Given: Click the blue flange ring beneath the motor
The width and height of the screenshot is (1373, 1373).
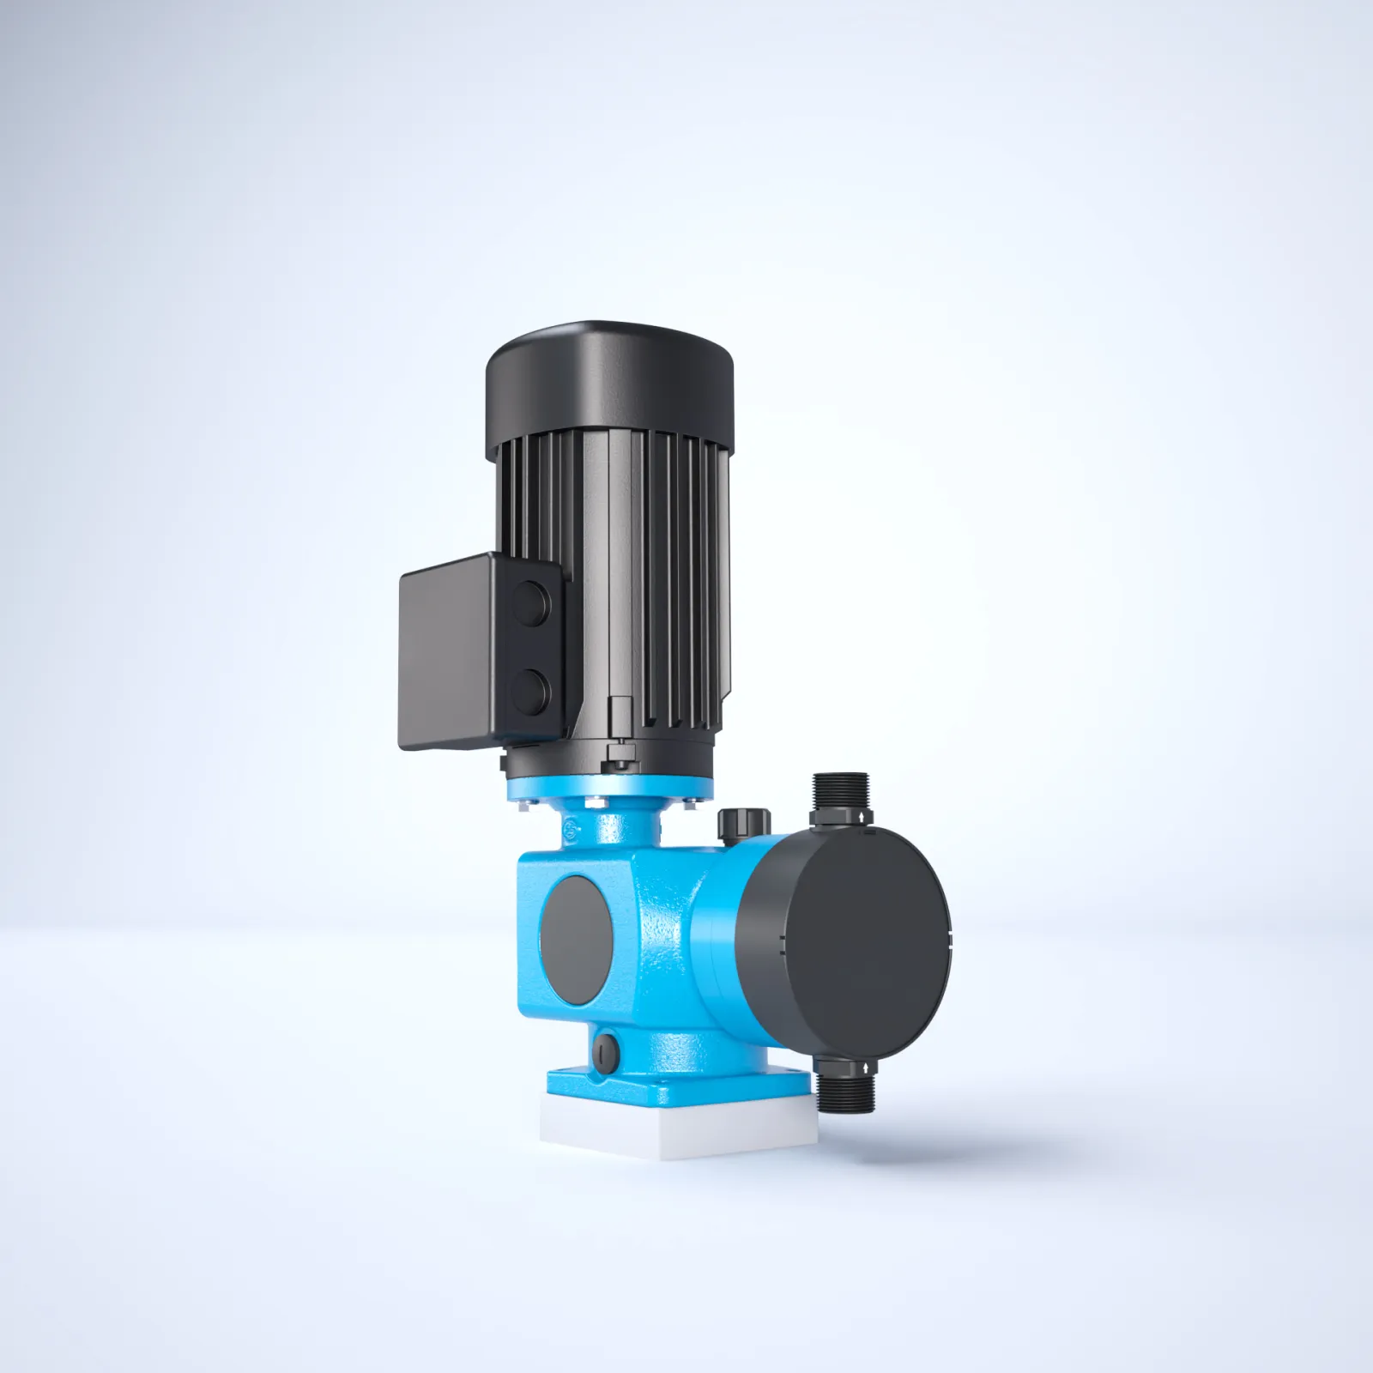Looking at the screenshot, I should point(609,787).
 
